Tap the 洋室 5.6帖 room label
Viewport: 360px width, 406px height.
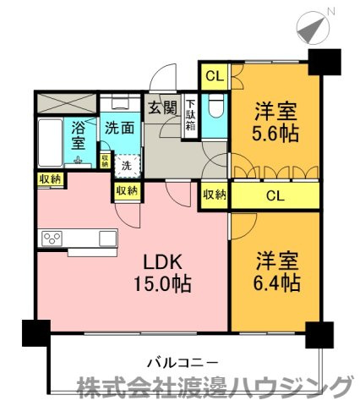pyautogui.click(x=275, y=123)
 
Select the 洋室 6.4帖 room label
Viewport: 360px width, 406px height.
pyautogui.click(x=277, y=272)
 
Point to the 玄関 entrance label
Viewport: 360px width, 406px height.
pyautogui.click(x=162, y=107)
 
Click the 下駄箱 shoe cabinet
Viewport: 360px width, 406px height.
pyautogui.click(x=191, y=117)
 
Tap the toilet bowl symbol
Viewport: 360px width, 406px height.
pyautogui.click(x=216, y=105)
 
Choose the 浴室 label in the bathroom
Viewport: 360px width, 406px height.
pyautogui.click(x=78, y=135)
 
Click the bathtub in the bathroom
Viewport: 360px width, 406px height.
pyautogui.click(x=51, y=142)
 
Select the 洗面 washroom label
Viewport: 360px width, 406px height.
pyautogui.click(x=119, y=129)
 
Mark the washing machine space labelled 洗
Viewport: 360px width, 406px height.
pyautogui.click(x=127, y=166)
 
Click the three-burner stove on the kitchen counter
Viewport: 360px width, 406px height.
pyautogui.click(x=52, y=239)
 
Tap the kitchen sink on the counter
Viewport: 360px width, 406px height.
pyautogui.click(x=107, y=239)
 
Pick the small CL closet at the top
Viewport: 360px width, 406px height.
pyautogui.click(x=215, y=76)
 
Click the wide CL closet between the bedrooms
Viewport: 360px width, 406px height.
pyautogui.click(x=275, y=195)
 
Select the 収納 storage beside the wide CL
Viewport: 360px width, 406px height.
pyautogui.click(x=215, y=195)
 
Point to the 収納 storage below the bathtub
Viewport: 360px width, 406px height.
pyautogui.click(x=51, y=179)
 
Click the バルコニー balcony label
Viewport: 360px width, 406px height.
pyautogui.click(x=183, y=362)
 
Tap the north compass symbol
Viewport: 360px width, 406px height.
pyautogui.click(x=313, y=28)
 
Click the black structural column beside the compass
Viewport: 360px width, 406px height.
pyautogui.click(x=325, y=62)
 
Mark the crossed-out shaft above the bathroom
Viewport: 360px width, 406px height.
pyautogui.click(x=66, y=103)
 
